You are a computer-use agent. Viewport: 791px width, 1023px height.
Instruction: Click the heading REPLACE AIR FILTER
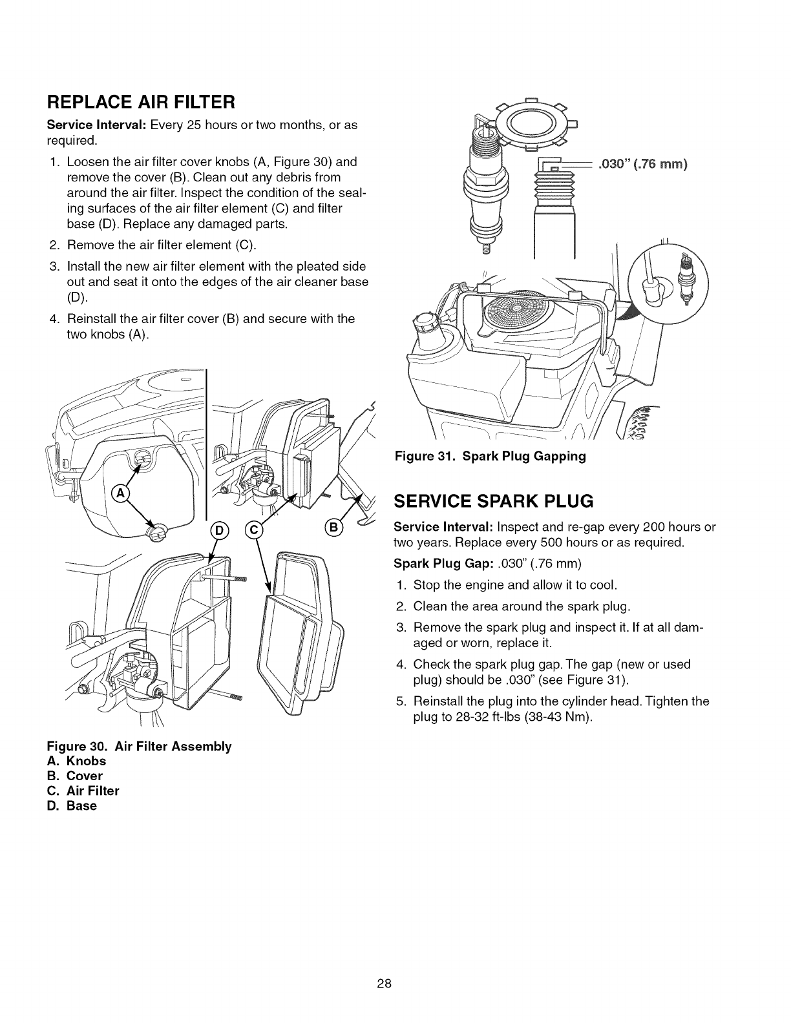pyautogui.click(x=139, y=102)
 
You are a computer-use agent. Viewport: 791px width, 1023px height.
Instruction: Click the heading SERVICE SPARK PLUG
pyautogui.click(x=494, y=501)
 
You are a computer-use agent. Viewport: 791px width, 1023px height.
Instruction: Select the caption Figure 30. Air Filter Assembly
pyautogui.click(x=140, y=746)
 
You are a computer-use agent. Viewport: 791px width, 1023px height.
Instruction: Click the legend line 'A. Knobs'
pyautogui.click(x=76, y=761)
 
